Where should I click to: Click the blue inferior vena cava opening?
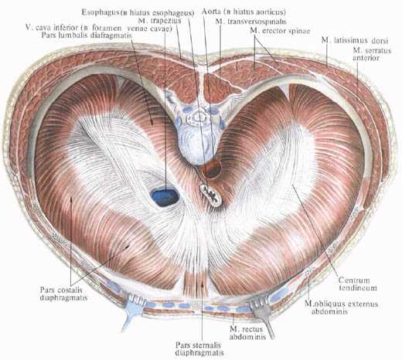165,197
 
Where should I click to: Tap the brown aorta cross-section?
211,168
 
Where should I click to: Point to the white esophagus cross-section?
211,194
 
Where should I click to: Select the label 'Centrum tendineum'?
357,284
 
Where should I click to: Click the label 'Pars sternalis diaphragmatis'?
199,348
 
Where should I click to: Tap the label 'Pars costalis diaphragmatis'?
63,294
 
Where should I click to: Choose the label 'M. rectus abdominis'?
247,333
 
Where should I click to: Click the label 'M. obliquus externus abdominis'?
341,307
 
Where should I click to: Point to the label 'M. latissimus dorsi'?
355,40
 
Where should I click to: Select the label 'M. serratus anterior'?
372,54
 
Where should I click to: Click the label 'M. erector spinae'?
280,31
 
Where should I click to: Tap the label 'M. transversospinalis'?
250,22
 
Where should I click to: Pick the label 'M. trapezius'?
159,20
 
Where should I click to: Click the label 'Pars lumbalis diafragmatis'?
87,36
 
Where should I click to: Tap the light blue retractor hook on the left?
131,309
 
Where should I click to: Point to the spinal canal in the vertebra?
199,117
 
